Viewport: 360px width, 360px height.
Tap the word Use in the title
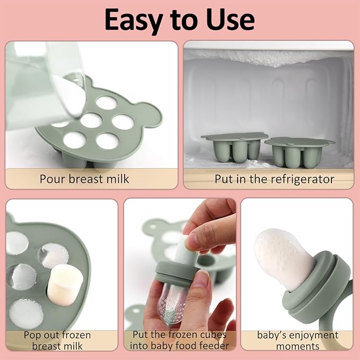tap(229, 20)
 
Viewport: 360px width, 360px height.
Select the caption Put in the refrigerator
tap(274, 179)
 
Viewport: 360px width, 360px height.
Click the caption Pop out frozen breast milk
tap(57, 340)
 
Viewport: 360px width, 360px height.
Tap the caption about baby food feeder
tap(180, 340)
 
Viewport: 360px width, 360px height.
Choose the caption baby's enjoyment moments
tap(297, 340)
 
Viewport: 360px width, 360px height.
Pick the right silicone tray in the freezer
tap(300, 151)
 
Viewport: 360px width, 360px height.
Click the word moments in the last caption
tap(297, 346)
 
